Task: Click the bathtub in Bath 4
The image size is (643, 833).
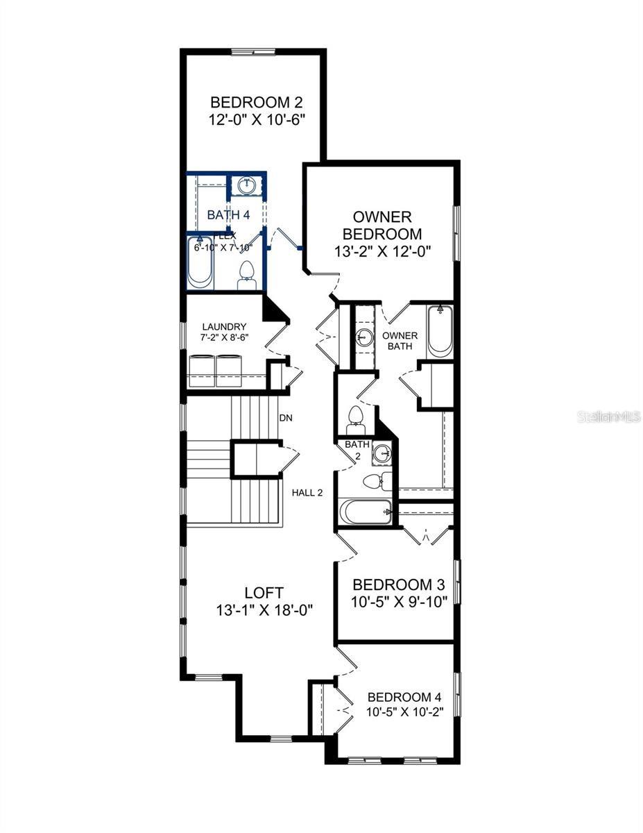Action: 200,263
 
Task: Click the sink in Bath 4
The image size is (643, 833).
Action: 246,185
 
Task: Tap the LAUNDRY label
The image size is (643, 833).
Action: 225,326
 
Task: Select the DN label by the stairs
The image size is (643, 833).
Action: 285,418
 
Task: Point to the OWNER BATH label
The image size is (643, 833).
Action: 397,340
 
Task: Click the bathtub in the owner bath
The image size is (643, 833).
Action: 439,331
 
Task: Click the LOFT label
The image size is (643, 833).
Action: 264,592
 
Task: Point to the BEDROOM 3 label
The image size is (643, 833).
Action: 397,584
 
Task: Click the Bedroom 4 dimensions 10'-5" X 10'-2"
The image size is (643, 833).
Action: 404,712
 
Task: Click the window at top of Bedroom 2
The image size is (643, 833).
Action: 253,51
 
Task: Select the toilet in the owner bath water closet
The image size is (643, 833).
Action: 356,416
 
